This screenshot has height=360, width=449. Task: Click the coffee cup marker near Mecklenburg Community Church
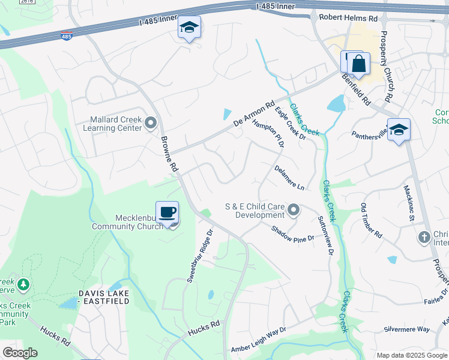pyautogui.click(x=167, y=212)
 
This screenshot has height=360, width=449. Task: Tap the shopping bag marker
pyautogui.click(x=358, y=64)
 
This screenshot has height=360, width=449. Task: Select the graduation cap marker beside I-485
pyautogui.click(x=189, y=28)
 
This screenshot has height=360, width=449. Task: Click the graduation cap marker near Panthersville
pyautogui.click(x=399, y=130)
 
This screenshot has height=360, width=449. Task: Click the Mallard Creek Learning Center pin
pyautogui.click(x=150, y=123)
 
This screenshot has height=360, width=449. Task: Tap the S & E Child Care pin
pyautogui.click(x=294, y=209)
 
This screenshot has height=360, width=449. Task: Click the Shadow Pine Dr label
pyautogui.click(x=292, y=233)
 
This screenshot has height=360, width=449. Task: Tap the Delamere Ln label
pyautogui.click(x=290, y=178)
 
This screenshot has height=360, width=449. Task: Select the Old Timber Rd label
pyautogui.click(x=371, y=221)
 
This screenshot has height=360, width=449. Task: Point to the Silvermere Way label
pyautogui.click(x=407, y=329)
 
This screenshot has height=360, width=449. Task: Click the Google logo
pyautogui.click(x=20, y=353)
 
